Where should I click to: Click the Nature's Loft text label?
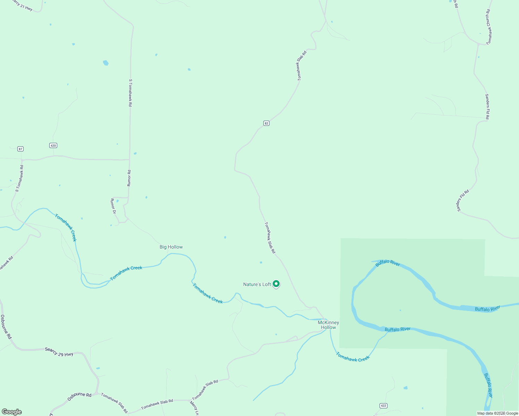point(257,284)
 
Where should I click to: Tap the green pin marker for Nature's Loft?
point(276,284)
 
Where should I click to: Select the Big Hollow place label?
point(171,247)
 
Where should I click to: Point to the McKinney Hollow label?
point(328,325)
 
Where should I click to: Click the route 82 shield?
point(266,123)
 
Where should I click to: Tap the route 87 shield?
point(20,149)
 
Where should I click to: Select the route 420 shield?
point(53,145)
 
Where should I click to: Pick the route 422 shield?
point(383,406)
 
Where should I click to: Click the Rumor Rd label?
point(129,178)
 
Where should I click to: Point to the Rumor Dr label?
point(113,206)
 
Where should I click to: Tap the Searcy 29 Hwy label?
point(59,352)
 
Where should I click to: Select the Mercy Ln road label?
point(194,408)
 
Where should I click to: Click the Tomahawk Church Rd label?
point(489,27)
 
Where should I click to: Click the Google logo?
point(11,412)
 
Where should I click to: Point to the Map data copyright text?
point(497,413)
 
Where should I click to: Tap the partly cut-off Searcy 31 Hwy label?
point(23,5)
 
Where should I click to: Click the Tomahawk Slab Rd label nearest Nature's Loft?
point(270,238)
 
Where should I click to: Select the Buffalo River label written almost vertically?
point(488,385)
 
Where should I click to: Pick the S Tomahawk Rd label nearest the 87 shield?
point(19,178)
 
